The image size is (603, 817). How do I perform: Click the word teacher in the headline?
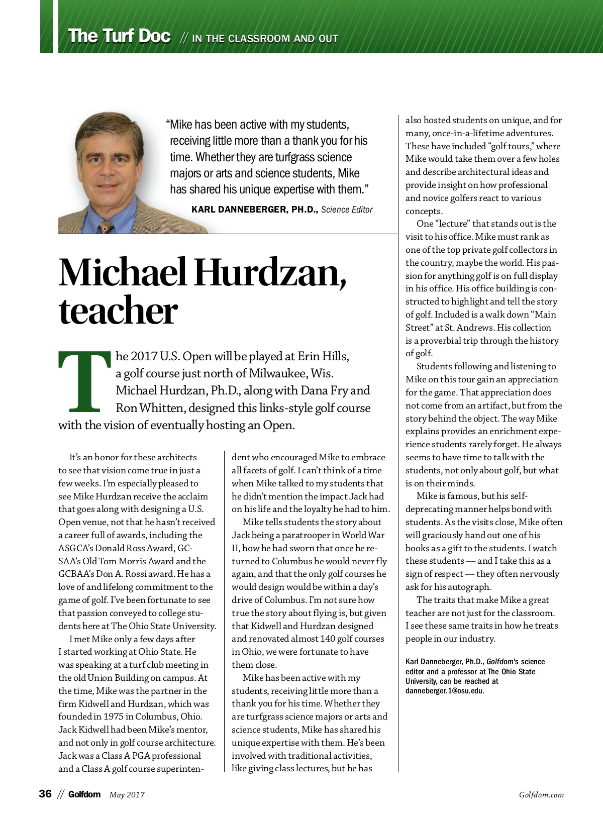[118, 312]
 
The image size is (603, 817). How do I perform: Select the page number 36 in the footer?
[45, 794]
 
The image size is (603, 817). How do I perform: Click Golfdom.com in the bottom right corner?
[541, 795]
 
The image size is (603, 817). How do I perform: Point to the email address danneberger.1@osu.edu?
[444, 691]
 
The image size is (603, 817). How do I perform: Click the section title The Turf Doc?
[119, 36]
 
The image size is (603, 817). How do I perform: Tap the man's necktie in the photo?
[105, 227]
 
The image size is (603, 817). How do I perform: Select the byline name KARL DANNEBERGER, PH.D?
[254, 210]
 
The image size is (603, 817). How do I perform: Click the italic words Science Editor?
[347, 210]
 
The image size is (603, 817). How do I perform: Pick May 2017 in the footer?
[127, 795]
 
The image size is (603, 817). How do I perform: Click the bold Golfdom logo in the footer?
[84, 794]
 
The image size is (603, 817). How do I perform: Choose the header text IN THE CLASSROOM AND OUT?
[265, 39]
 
